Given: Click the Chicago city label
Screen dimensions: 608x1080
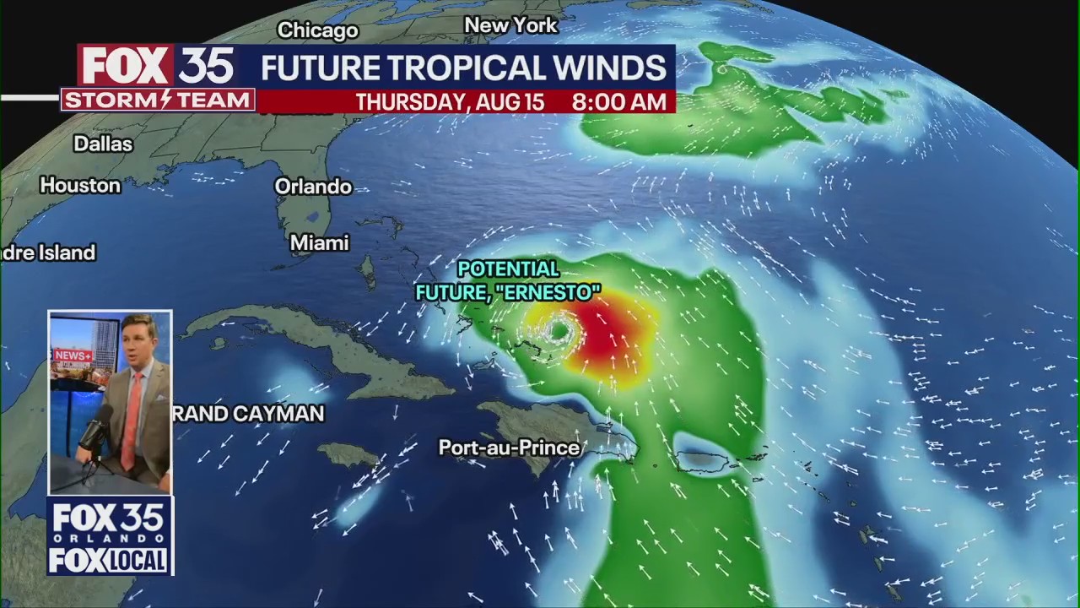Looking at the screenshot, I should click(x=318, y=30).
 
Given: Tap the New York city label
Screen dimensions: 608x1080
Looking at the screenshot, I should click(x=510, y=25).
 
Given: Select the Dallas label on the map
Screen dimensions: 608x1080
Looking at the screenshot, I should click(x=103, y=144).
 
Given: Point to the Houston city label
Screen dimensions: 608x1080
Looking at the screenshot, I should click(x=80, y=185).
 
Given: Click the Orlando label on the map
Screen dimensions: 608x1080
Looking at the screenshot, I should click(x=313, y=187).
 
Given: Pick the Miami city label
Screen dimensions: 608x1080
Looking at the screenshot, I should click(x=319, y=243).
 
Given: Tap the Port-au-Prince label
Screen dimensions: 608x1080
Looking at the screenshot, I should click(x=509, y=448).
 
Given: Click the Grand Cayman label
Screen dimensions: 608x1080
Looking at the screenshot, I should click(x=248, y=413).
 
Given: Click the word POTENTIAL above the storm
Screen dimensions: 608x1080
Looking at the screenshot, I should click(x=508, y=269).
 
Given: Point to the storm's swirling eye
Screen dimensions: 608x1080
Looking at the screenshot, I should click(x=558, y=331).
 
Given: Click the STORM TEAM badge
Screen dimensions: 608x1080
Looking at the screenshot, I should click(x=158, y=100).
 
